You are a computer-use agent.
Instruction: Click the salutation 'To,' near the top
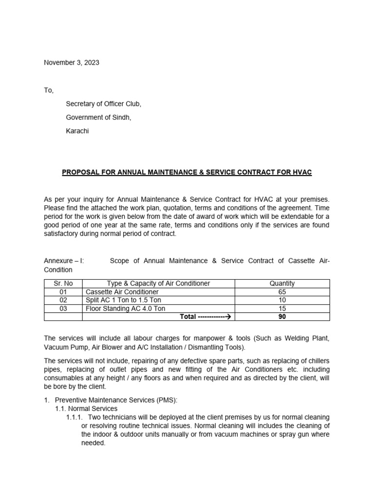click(x=49, y=90)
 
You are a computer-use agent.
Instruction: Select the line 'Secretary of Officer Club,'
click(x=104, y=104)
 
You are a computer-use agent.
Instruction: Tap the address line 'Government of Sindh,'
click(x=99, y=117)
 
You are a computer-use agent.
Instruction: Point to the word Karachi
click(x=78, y=131)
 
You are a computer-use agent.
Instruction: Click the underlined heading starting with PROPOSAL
click(x=187, y=172)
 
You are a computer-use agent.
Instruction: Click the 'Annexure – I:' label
click(x=64, y=261)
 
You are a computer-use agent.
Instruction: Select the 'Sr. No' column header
click(x=63, y=284)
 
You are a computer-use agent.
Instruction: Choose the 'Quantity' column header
click(x=282, y=284)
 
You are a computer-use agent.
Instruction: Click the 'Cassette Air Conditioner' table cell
click(x=122, y=292)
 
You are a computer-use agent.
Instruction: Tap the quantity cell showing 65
click(x=282, y=292)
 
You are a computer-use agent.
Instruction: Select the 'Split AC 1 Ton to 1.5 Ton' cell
click(x=126, y=300)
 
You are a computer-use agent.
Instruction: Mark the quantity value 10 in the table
click(x=282, y=300)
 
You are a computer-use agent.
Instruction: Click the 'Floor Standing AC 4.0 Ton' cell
click(x=125, y=308)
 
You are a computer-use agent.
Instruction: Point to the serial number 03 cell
click(x=63, y=308)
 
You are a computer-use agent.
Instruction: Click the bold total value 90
click(x=282, y=317)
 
